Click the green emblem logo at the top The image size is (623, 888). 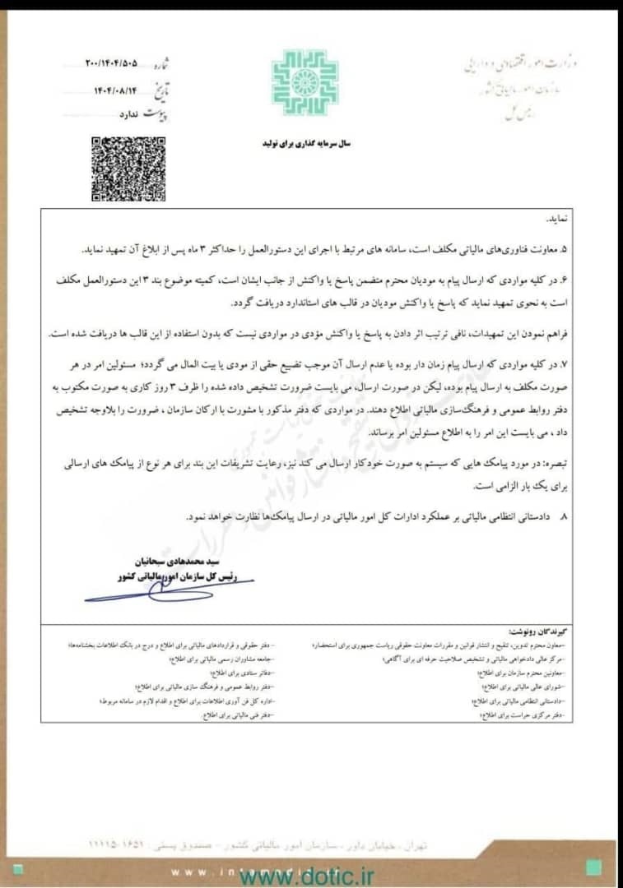click(305, 84)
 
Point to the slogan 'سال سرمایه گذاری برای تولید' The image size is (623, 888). click(306, 142)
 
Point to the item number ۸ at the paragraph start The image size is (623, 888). click(564, 517)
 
